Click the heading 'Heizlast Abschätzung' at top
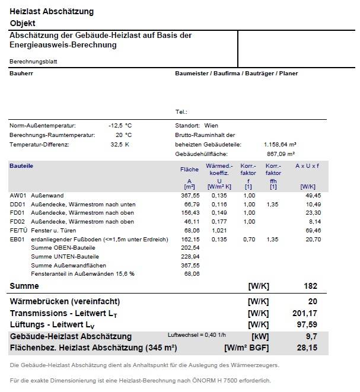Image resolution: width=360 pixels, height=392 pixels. (52, 12)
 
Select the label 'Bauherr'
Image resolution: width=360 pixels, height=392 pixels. (21, 74)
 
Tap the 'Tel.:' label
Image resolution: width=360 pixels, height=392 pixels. (181, 111)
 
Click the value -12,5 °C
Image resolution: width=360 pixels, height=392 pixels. (120, 126)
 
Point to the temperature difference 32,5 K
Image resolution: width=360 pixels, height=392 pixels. (120, 144)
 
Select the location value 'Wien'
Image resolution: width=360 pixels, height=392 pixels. (211, 126)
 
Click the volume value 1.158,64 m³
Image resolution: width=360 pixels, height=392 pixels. (280, 144)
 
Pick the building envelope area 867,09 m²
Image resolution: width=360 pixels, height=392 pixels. (282, 154)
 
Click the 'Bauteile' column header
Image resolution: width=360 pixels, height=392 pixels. (21, 166)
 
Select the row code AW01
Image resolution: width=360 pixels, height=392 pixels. (17, 195)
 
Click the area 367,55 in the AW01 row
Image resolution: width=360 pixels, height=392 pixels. (190, 195)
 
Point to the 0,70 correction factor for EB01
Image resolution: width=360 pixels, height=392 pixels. (249, 239)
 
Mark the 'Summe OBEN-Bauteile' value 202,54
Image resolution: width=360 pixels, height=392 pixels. (190, 247)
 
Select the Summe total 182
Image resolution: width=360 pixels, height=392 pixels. (311, 286)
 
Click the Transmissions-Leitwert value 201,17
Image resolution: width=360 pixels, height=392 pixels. (306, 313)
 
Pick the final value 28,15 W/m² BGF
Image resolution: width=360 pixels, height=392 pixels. (307, 348)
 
